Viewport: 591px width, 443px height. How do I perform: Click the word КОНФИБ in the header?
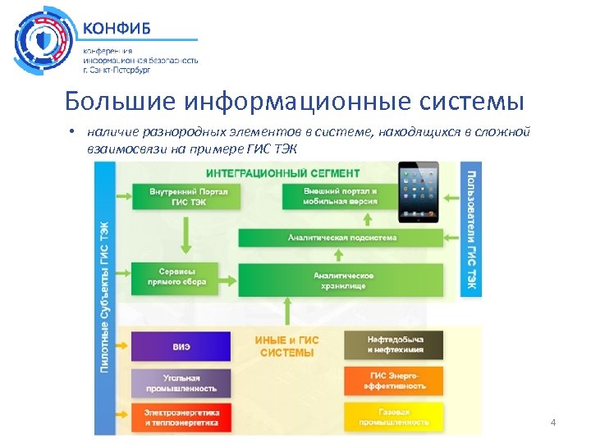point(117,26)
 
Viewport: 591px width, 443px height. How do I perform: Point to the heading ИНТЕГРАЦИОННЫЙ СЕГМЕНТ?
point(282,173)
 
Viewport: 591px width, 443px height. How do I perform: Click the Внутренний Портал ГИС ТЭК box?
point(178,197)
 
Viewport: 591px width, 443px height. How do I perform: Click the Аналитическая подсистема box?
point(341,237)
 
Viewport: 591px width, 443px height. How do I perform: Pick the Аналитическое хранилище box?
point(341,280)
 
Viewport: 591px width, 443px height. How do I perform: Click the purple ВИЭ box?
point(181,346)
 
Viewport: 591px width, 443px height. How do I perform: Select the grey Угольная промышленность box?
point(181,381)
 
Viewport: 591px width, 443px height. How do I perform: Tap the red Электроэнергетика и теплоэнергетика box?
point(181,417)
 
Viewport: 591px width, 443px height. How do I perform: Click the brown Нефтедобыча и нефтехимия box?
point(393,345)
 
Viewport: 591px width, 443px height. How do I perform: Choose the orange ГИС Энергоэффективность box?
point(393,381)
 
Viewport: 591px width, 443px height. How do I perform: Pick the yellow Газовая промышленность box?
point(393,417)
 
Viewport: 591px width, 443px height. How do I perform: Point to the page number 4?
point(552,422)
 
